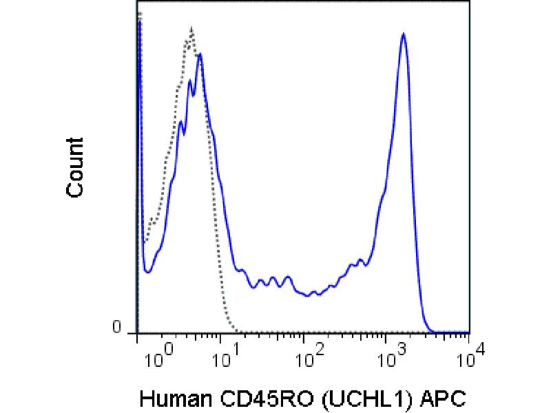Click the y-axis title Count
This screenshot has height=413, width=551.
(x=75, y=168)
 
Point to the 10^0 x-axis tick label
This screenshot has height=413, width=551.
(x=158, y=357)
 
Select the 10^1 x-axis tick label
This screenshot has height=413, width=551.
(x=223, y=357)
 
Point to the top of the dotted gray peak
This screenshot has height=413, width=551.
(x=191, y=29)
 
